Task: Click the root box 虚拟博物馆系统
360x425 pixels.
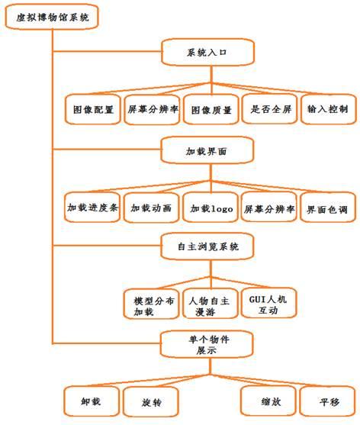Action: tap(51, 17)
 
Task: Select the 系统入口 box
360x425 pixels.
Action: tap(207, 52)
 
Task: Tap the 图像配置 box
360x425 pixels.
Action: tap(92, 109)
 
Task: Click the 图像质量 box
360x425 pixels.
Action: tap(211, 110)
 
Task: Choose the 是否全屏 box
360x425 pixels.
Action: tap(269, 109)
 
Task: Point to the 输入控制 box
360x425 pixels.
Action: tap(328, 109)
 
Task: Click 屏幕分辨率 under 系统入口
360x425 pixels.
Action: tap(152, 109)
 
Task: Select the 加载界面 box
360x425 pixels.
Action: tap(207, 150)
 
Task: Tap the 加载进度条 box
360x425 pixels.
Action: tap(92, 207)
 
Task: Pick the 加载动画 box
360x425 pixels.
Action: tap(152, 208)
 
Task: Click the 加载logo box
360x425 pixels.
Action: tap(211, 208)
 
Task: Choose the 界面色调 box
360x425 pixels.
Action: tap(328, 207)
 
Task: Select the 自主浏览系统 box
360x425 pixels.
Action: tap(207, 246)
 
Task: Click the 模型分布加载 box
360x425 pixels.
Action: tap(152, 304)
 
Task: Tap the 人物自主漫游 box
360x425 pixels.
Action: tap(211, 304)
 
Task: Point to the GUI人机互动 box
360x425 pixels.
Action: tap(269, 303)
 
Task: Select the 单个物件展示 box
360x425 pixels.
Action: tap(207, 344)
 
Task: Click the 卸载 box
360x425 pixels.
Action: tap(92, 401)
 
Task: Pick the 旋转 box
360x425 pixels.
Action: tap(150, 401)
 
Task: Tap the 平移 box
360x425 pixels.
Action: tap(327, 401)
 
